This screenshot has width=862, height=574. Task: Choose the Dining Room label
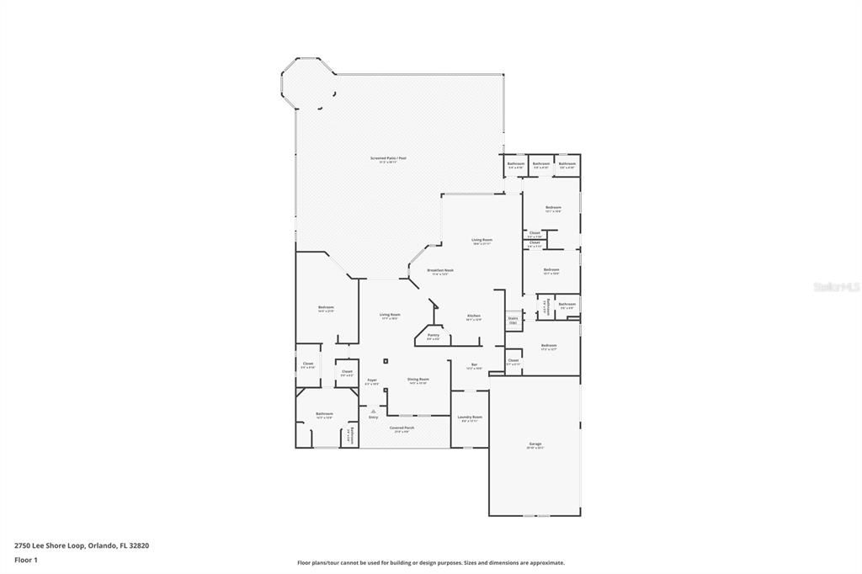coord(418,380)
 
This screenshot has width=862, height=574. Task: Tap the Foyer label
coord(372,381)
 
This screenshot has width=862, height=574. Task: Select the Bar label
coord(474,366)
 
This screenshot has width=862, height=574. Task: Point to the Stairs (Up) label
coord(513,321)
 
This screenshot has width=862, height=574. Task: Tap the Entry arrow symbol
coord(373,411)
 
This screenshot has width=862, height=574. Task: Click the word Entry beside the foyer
coord(373,417)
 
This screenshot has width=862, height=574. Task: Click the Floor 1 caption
coord(26,559)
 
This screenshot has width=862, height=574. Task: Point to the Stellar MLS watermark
coord(836,286)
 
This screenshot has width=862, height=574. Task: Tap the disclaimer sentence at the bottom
coord(430,563)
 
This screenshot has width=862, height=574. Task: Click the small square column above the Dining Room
coord(386,361)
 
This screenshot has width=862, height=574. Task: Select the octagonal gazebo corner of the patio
coord(307,83)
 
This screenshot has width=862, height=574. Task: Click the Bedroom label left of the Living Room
coord(326,309)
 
